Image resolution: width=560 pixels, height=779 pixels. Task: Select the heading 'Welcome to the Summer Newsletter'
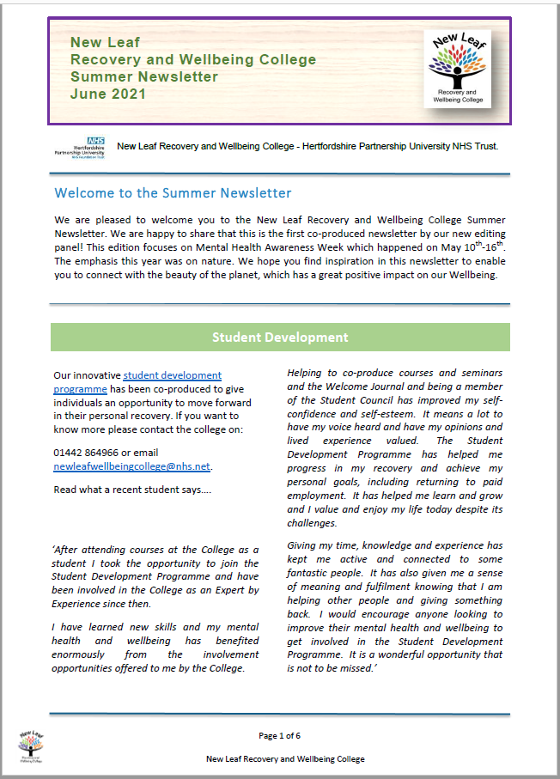[173, 193]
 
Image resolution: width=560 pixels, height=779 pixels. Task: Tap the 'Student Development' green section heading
[280, 338]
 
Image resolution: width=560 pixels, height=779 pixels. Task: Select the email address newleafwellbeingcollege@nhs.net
[131, 466]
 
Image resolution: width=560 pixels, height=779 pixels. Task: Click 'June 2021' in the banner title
[108, 94]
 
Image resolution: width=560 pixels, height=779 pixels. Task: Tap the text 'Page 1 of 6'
[279, 736]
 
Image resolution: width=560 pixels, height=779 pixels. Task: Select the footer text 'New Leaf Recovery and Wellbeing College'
[285, 759]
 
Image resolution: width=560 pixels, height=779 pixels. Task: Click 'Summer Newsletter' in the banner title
[144, 77]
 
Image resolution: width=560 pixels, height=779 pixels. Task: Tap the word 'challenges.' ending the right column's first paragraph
[313, 523]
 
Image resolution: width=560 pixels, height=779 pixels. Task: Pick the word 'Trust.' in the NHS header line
[485, 147]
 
